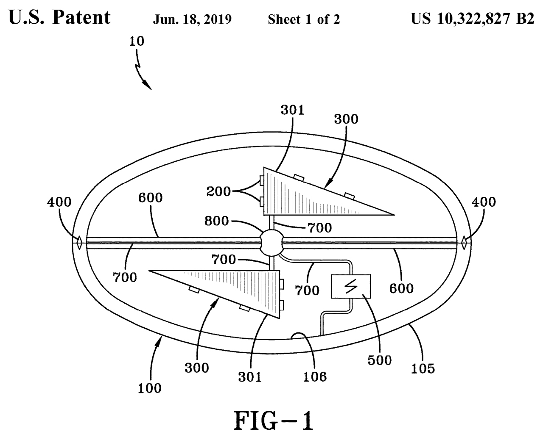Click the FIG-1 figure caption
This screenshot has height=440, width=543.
(x=274, y=421)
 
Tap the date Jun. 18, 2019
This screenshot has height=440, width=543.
(x=192, y=19)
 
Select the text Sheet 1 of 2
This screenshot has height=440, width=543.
(x=304, y=19)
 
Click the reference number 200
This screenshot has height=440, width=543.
(x=218, y=191)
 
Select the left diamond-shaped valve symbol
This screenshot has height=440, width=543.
(x=79, y=243)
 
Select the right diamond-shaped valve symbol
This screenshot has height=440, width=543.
(x=464, y=243)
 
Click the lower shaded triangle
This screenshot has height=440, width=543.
(x=238, y=290)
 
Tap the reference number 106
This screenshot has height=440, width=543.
(x=315, y=376)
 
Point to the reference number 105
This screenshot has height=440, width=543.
(x=423, y=368)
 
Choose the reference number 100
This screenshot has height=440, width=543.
(x=150, y=387)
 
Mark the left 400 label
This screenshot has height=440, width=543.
(x=59, y=202)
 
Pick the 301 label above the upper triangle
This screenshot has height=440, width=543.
(x=293, y=110)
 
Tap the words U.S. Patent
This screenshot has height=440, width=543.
(x=59, y=18)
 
